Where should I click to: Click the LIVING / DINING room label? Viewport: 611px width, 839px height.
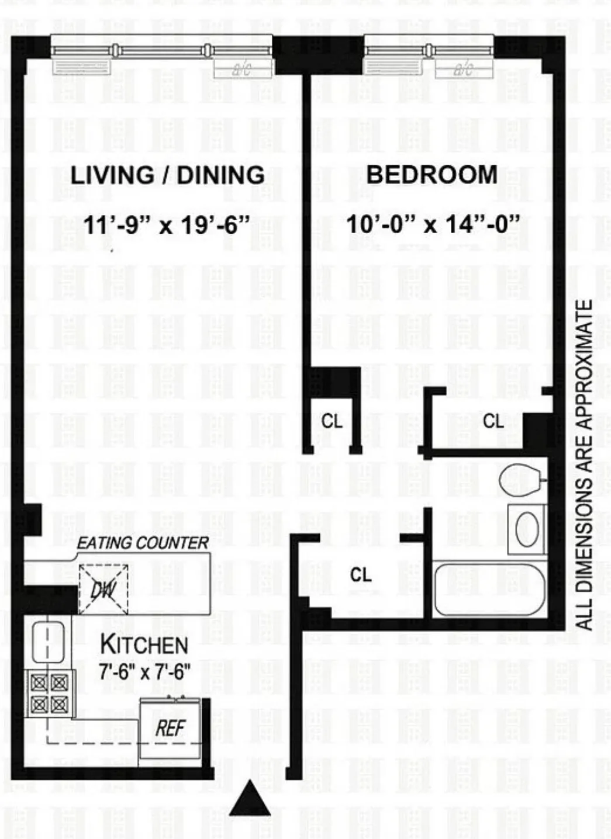[167, 175]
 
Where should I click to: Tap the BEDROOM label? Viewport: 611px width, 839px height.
[432, 175]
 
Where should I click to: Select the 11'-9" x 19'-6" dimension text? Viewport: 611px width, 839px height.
[167, 224]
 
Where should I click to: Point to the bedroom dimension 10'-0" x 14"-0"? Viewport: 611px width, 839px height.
[433, 224]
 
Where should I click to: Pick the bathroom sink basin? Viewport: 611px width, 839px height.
[527, 529]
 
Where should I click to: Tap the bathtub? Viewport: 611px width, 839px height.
[490, 589]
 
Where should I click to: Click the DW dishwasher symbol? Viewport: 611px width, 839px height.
[103, 589]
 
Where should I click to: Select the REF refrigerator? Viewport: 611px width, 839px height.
[170, 728]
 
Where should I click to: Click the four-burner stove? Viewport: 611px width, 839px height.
[50, 694]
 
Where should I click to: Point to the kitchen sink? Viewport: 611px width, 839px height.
[48, 642]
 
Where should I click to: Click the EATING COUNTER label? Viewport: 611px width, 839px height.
[143, 543]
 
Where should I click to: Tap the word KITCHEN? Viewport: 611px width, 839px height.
[144, 645]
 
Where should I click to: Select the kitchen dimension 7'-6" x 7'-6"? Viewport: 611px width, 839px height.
[144, 672]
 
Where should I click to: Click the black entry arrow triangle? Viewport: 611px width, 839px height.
[250, 799]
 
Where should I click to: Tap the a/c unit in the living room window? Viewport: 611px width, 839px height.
[242, 70]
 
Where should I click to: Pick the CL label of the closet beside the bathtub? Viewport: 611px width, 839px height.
[361, 575]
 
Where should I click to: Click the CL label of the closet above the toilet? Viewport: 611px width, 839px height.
[493, 421]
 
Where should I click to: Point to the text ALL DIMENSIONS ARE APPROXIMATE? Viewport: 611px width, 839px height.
[584, 464]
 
